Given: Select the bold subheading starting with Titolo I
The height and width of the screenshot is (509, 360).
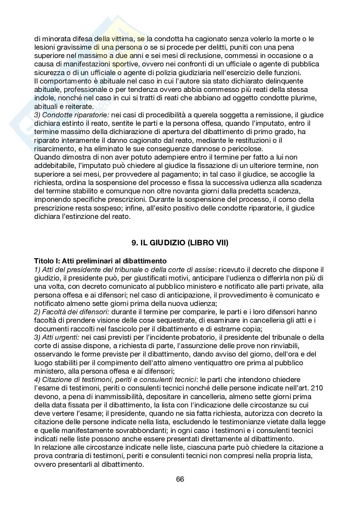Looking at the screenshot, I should point(100,261).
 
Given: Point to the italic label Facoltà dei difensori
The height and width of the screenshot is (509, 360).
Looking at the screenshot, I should point(72,312).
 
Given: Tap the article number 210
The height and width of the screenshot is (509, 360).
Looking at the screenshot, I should point(317,388).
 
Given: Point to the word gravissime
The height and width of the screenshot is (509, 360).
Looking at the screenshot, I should point(74,47).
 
